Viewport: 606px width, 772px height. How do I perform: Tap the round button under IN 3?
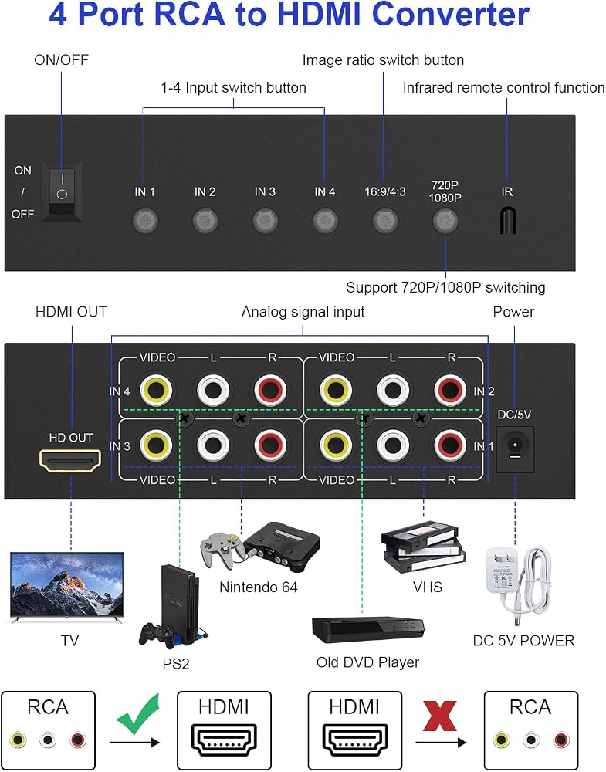point(266,220)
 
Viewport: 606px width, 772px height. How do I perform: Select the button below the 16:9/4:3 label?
point(385,220)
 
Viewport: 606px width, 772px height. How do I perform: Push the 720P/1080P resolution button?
point(445,220)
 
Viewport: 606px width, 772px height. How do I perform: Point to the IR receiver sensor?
point(507,220)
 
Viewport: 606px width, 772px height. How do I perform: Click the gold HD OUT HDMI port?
point(70,461)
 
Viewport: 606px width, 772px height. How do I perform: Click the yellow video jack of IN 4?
point(156,390)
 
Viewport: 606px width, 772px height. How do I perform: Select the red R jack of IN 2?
point(450,390)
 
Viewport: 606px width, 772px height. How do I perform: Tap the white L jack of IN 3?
point(213,445)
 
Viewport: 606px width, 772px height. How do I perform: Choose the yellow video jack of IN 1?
point(335,445)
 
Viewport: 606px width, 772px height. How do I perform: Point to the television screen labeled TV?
point(67,584)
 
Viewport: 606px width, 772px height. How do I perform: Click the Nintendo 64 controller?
point(222,548)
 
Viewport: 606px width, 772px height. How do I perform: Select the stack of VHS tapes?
point(423,547)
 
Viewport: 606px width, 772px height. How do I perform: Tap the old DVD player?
point(367,630)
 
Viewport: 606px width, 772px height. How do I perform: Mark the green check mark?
point(139,714)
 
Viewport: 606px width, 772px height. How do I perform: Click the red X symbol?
point(440,716)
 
